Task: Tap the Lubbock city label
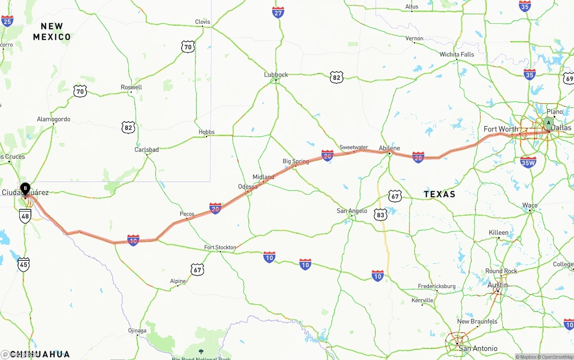click(x=276, y=74)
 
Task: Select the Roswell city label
click(x=131, y=87)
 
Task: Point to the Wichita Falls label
click(x=457, y=54)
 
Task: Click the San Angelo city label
click(x=352, y=211)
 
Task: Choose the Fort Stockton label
click(x=220, y=247)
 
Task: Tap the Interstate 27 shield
click(x=278, y=12)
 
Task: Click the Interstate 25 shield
click(x=7, y=21)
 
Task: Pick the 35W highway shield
click(x=528, y=162)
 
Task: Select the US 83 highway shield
click(x=380, y=215)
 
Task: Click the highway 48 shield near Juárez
click(x=25, y=217)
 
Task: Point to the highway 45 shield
click(x=24, y=264)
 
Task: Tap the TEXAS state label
click(x=439, y=194)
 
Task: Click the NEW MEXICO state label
click(x=52, y=31)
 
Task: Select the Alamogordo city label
click(x=53, y=119)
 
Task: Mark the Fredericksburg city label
click(x=436, y=286)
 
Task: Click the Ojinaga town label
click(x=137, y=330)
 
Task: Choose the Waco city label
click(x=530, y=205)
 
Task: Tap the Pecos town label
click(x=187, y=214)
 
